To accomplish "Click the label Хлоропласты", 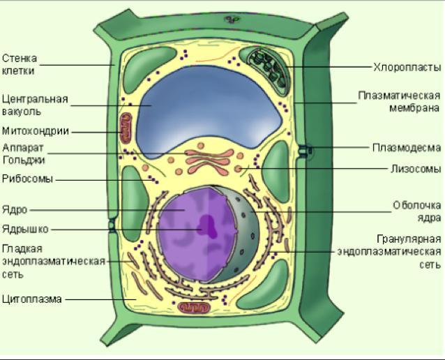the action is click(407, 67).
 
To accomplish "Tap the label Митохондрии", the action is click(36, 131).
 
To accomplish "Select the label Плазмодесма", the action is click(407, 148).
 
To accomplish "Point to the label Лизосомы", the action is click(416, 169).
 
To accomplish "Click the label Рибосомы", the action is click(27, 179).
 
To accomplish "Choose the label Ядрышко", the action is click(25, 229).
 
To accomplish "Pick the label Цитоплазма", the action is click(32, 299).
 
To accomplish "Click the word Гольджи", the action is click(24, 160).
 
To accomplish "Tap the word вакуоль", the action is click(22, 112).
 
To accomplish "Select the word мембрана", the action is click(414, 108).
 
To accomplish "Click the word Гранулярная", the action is click(409, 239).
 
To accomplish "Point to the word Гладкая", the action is click(22, 249).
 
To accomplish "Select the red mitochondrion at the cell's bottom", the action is click(193, 308).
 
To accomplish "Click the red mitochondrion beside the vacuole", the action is click(126, 128).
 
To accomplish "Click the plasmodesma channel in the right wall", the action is click(304, 150).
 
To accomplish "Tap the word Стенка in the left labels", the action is click(20, 58).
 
